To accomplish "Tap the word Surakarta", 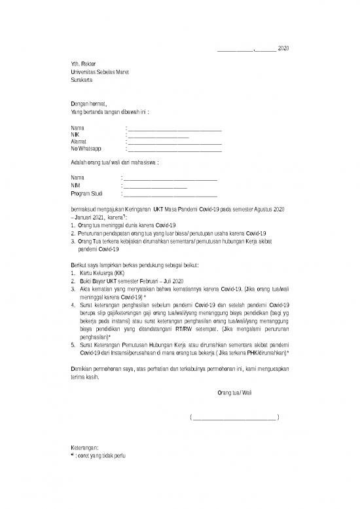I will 82,79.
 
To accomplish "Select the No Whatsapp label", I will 86,150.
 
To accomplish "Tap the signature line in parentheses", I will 234,417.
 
